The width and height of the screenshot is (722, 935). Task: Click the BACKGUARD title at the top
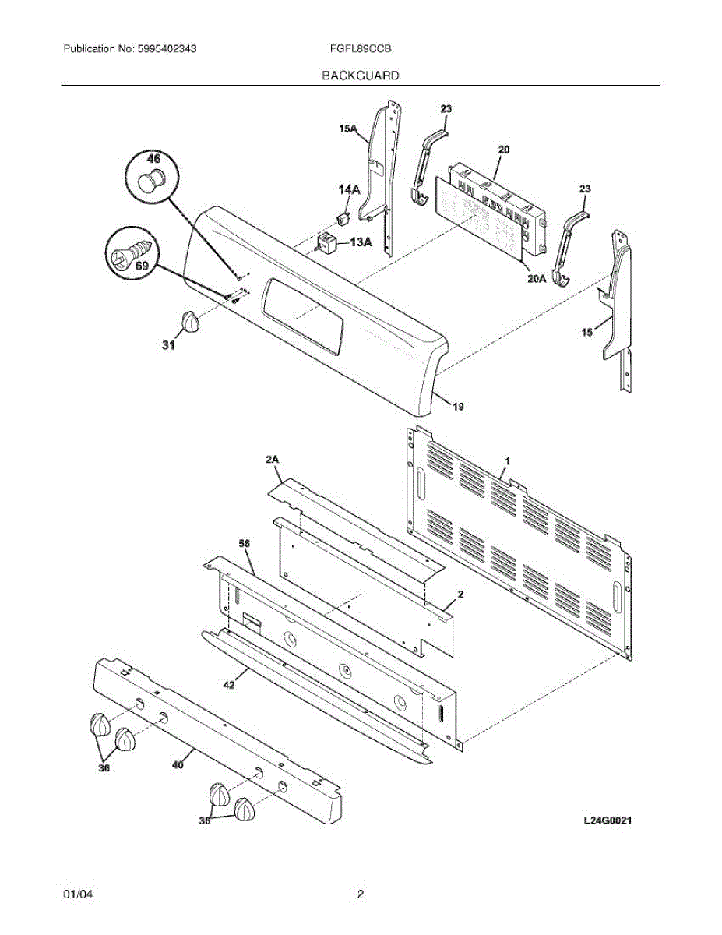(361, 76)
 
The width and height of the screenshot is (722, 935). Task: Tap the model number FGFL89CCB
(361, 48)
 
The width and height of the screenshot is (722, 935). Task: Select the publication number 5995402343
(166, 48)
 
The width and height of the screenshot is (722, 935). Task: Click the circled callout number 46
(154, 159)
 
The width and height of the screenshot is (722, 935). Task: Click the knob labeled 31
(189, 321)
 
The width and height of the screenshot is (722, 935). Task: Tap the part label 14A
(349, 189)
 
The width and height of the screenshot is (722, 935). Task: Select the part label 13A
(361, 242)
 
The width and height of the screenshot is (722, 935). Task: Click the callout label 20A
(534, 277)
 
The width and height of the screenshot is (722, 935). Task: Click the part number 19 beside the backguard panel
(458, 406)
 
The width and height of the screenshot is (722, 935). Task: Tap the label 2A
(272, 461)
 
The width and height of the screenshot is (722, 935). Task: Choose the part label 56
(245, 542)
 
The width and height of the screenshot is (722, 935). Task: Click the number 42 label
(229, 685)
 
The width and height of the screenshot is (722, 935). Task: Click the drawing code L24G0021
(607, 820)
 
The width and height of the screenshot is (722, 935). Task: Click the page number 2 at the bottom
(361, 895)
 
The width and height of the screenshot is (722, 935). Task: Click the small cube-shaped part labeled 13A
(327, 242)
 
